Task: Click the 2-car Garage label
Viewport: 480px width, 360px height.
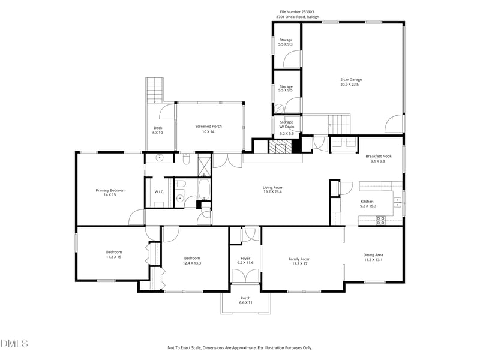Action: click(351, 79)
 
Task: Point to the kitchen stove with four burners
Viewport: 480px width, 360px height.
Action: click(380, 220)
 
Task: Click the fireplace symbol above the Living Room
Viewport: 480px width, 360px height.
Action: click(279, 149)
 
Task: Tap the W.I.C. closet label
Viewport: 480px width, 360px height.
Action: click(159, 192)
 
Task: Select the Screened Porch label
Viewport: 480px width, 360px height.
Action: click(208, 126)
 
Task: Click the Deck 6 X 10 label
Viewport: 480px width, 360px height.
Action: click(158, 130)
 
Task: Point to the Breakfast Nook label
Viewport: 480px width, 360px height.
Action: click(379, 155)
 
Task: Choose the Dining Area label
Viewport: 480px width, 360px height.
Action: click(373, 255)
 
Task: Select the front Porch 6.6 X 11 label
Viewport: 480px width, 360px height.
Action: click(245, 301)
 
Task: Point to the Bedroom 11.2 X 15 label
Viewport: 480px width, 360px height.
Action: click(114, 254)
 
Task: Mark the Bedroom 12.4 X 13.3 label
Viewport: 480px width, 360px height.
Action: click(192, 260)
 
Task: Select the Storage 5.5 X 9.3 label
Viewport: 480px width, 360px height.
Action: click(286, 42)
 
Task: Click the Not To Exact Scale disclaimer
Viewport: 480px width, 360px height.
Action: click(239, 347)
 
